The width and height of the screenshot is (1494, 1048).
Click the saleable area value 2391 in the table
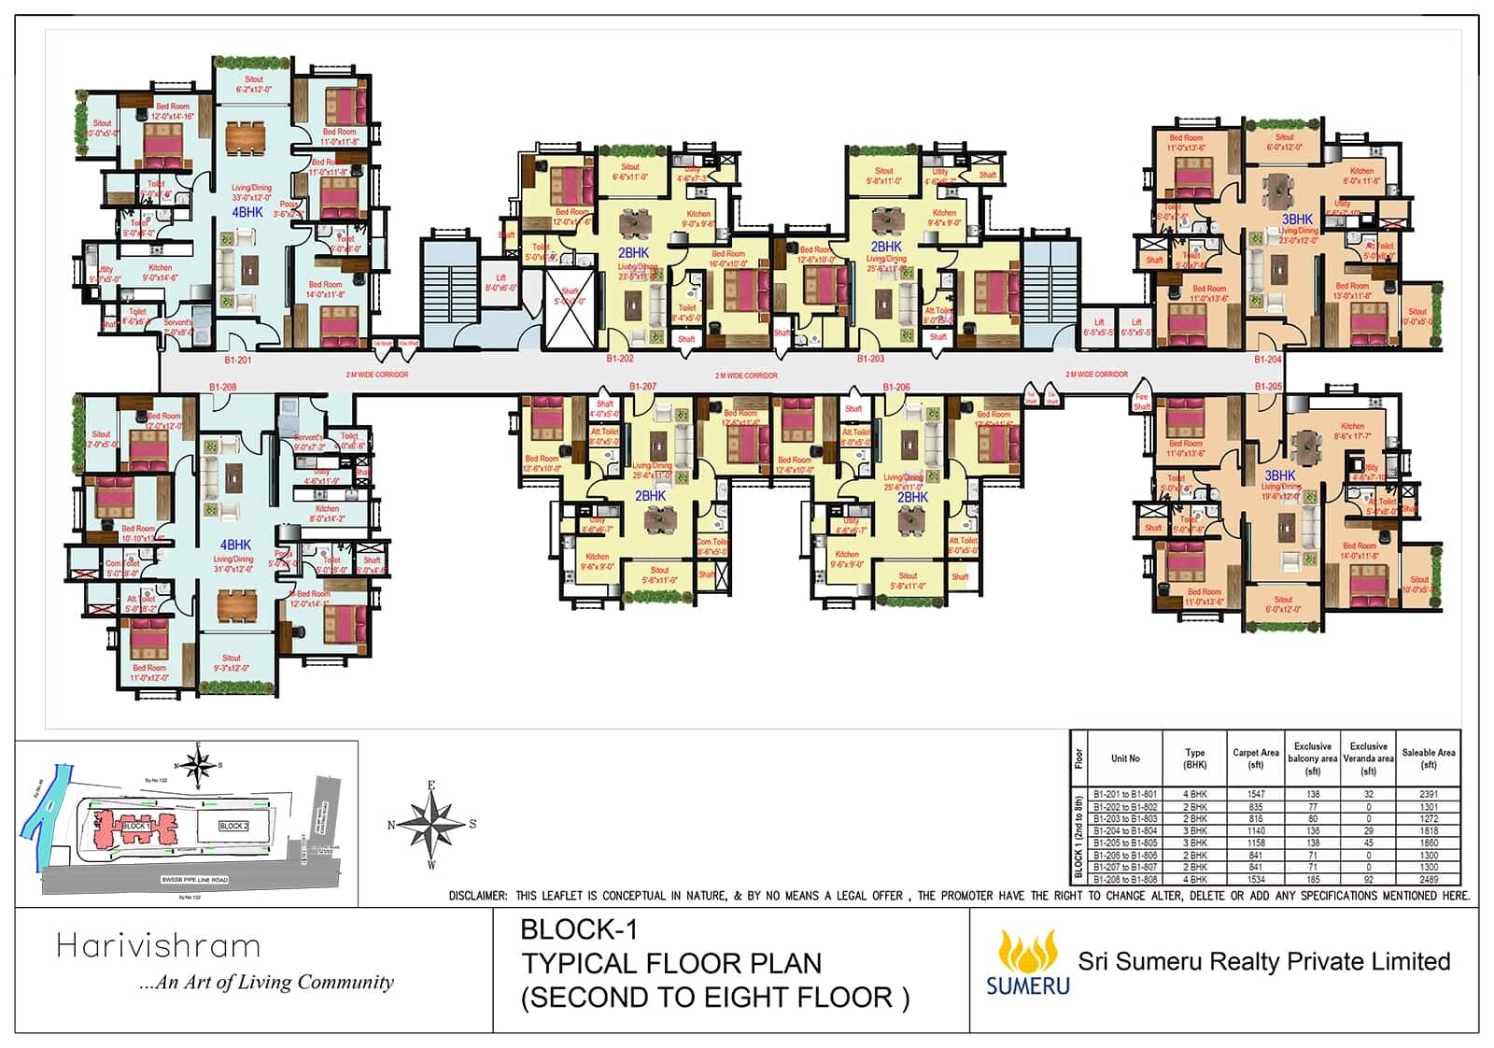(1428, 794)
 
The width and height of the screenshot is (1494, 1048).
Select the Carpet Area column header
(1255, 758)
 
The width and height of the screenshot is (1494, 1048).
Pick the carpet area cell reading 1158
(1255, 843)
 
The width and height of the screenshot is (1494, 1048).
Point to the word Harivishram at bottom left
(158, 946)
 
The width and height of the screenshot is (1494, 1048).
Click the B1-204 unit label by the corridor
(1267, 359)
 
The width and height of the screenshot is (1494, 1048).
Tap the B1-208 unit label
(222, 386)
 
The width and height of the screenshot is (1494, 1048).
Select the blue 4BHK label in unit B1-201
(247, 212)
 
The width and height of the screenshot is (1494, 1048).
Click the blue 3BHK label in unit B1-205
(1279, 475)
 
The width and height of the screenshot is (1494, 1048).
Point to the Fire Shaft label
(1141, 402)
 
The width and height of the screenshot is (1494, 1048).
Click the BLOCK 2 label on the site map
(233, 826)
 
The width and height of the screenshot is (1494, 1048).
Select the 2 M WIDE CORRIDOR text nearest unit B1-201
(376, 375)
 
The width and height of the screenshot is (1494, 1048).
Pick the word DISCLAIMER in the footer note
(477, 896)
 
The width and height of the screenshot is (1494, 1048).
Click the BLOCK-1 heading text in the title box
(579, 929)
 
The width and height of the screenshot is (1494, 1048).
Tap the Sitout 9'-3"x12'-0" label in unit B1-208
(231, 662)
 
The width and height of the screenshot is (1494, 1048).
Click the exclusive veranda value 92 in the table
(1368, 879)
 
